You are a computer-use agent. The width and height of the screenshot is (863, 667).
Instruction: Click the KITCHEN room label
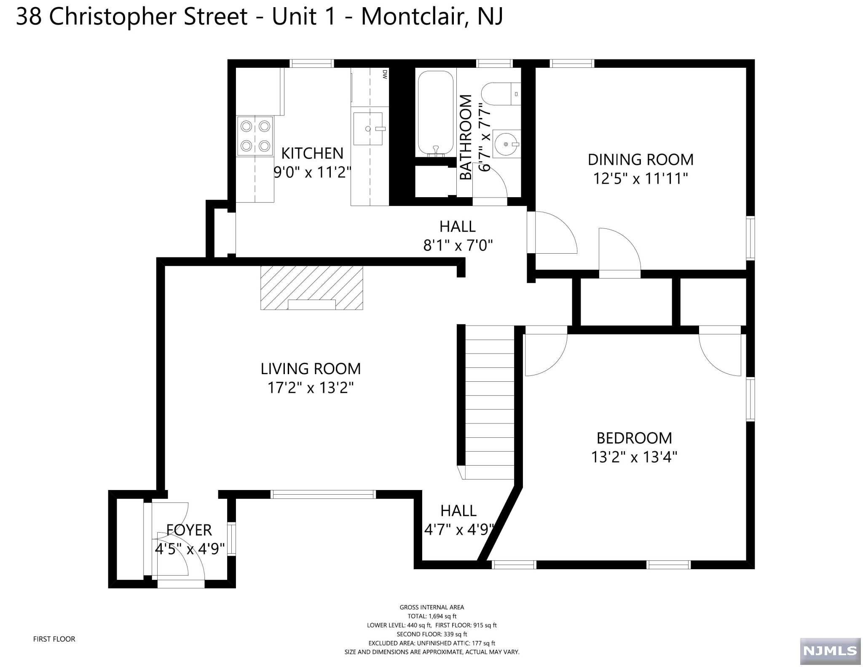click(312, 153)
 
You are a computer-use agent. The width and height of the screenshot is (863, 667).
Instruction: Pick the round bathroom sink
click(506, 144)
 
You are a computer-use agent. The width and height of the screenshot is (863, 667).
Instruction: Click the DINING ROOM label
click(641, 160)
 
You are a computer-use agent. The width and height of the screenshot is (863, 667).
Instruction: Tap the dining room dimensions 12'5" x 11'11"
click(641, 179)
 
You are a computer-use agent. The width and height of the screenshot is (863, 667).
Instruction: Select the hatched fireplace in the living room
click(311, 288)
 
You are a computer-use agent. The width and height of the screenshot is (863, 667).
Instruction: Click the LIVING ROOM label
click(311, 369)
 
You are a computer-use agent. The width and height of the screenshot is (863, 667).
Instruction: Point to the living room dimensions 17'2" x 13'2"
click(311, 388)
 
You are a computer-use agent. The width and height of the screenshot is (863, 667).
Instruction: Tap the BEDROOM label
click(634, 438)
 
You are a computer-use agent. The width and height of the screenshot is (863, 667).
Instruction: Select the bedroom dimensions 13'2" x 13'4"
click(634, 457)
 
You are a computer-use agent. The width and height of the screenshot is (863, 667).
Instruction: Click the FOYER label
click(189, 530)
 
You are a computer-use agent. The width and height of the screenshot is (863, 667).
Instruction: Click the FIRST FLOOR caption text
click(54, 639)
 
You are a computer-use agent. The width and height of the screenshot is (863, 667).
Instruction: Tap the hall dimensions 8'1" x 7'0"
click(458, 245)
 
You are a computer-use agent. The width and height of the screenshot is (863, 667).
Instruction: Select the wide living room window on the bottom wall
click(322, 494)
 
